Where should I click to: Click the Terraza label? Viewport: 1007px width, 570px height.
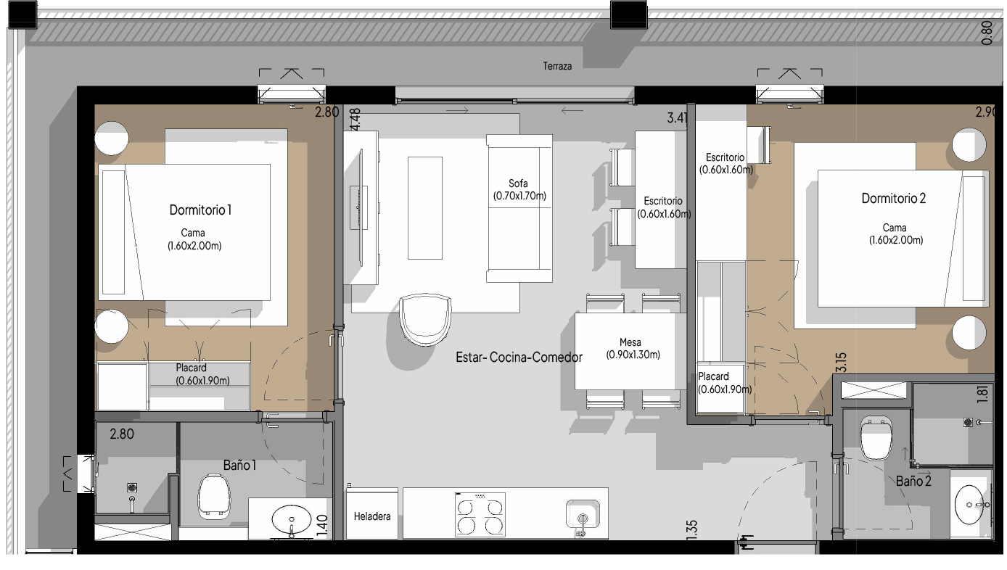tap(557, 66)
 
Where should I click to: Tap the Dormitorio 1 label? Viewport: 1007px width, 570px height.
tap(200, 210)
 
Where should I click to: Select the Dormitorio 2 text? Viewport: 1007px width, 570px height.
tap(893, 198)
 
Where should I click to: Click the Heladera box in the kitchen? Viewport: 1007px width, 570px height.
tap(371, 514)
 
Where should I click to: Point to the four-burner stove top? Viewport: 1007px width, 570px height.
tap(480, 514)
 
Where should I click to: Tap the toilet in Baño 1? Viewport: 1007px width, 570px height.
tap(214, 497)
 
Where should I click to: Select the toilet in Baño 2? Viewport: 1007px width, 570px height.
tap(875, 439)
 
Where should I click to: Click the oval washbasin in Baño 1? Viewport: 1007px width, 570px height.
tap(292, 520)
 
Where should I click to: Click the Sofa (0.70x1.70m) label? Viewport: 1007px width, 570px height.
tap(519, 190)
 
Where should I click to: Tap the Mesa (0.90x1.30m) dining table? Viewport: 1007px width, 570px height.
tap(625, 351)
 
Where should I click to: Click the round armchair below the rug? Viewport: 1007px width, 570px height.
tap(425, 320)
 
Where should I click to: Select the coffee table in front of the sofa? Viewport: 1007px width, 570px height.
tap(425, 207)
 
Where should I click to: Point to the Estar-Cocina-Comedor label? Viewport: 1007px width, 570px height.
tap(519, 358)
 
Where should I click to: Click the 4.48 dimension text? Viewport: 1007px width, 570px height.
tap(355, 119)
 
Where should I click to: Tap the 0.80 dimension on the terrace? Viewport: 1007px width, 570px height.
tap(987, 33)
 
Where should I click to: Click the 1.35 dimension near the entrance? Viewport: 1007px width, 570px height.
tap(692, 530)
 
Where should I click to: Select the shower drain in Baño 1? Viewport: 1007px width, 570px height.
tap(132, 487)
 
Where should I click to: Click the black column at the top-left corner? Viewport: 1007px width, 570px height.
tap(22, 15)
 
